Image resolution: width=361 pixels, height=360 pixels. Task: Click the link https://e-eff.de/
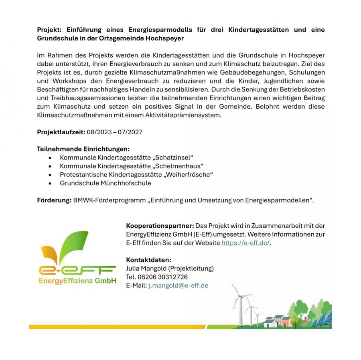tap(245, 243)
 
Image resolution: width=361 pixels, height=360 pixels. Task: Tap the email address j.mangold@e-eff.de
tap(178, 286)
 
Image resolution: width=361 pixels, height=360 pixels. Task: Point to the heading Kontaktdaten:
tap(148, 260)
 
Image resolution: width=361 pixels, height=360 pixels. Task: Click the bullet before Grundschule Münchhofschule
tap(49, 183)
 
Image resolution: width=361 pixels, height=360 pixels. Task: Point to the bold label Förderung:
tap(54, 200)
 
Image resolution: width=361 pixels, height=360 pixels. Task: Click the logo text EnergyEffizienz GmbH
tap(77, 281)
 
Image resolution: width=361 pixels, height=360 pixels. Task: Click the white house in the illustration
tap(272, 322)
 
